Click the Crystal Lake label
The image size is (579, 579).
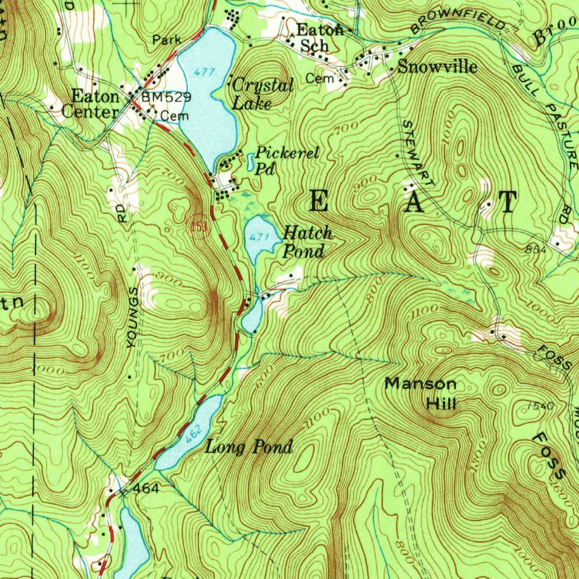262,94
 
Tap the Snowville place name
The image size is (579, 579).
437,67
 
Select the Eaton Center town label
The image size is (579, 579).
90,104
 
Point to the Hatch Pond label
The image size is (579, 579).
307,241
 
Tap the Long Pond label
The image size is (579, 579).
249,447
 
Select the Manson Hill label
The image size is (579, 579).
421,393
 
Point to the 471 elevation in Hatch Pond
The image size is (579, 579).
257,237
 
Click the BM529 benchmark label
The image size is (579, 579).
166,97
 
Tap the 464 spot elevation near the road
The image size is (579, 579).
145,488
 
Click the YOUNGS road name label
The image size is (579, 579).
133,317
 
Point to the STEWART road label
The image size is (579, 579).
419,153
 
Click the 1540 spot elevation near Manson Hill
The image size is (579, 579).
539,406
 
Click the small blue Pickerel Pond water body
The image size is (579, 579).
250,162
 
